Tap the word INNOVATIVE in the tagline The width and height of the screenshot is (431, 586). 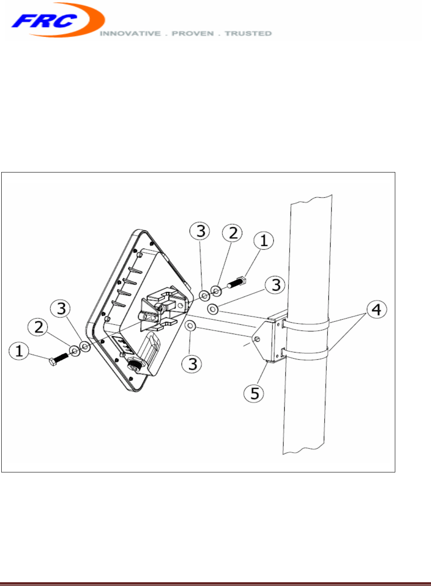pos(130,34)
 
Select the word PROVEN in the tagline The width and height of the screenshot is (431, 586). pos(193,34)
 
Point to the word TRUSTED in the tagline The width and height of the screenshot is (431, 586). pos(248,34)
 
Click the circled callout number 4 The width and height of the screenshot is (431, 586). pos(376,310)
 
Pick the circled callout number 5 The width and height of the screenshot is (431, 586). pos(254,393)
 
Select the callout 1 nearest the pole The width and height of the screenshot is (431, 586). pos(264,241)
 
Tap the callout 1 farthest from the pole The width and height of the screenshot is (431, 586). pos(19,350)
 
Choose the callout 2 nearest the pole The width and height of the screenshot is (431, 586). pos(233,233)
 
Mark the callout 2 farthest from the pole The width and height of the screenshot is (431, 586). pos(39,327)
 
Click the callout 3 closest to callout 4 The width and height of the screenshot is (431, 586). pos(275,285)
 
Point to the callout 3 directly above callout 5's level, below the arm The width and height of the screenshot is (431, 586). pos(193,363)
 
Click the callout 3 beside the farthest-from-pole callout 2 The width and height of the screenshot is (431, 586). pos(61,309)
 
